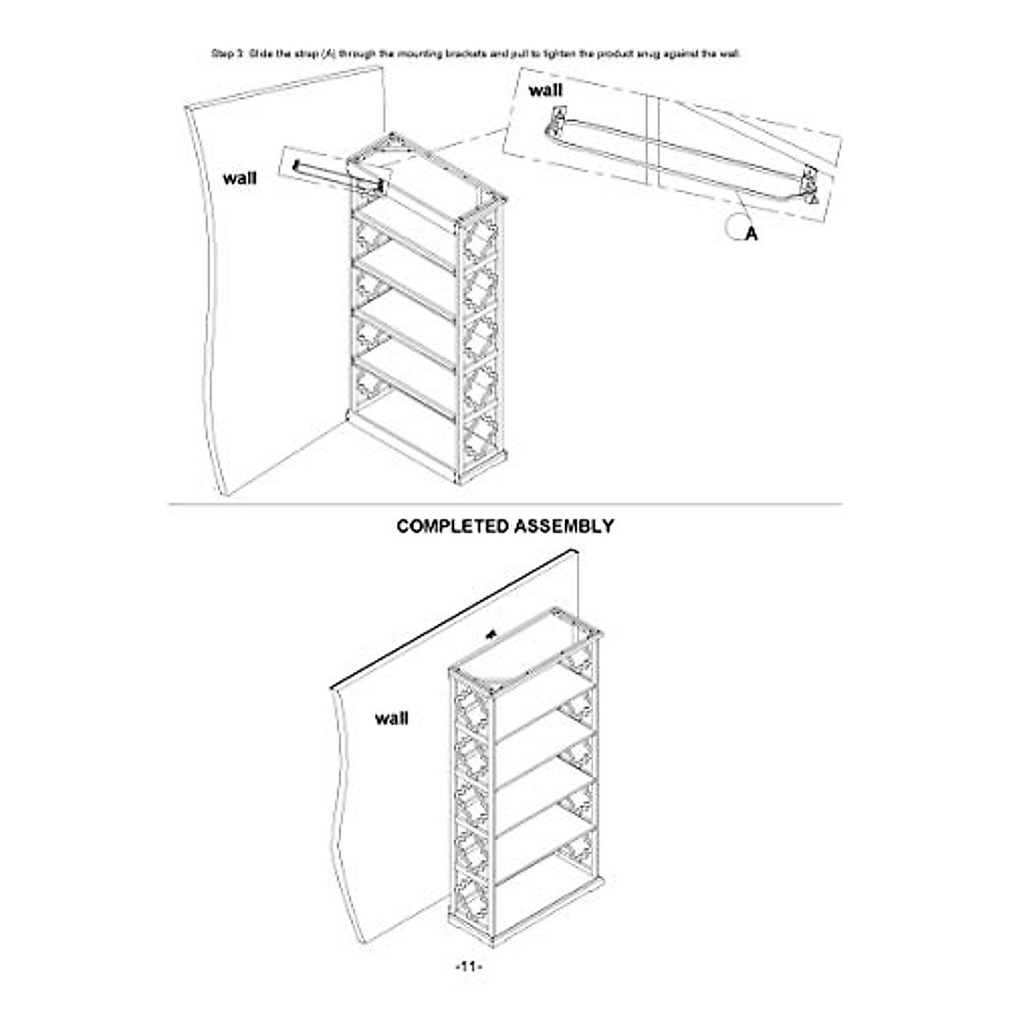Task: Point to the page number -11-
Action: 468,967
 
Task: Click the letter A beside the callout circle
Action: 752,235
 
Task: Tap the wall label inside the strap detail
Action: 546,90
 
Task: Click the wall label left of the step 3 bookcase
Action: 240,178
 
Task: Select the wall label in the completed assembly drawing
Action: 392,718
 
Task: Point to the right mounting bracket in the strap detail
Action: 809,186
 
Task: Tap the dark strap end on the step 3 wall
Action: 297,166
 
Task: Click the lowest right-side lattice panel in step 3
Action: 479,441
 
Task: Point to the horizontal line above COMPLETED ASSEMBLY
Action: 504,504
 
